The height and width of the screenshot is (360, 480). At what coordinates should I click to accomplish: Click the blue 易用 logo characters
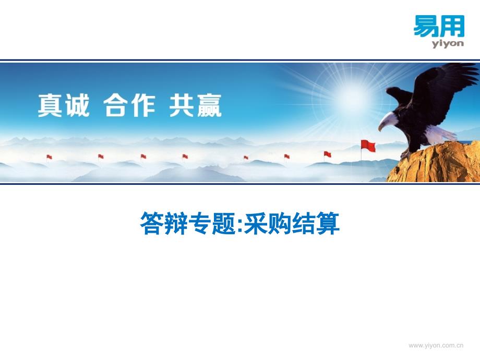tap(439, 26)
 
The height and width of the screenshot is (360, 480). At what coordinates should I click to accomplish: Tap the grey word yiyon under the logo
tap(448, 43)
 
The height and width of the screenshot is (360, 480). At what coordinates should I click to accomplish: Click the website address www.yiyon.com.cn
tap(436, 345)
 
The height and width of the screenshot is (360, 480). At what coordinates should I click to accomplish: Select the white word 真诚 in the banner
tap(64, 105)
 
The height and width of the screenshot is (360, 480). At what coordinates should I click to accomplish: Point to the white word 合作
tap(129, 105)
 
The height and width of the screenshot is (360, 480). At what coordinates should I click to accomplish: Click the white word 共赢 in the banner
tap(195, 105)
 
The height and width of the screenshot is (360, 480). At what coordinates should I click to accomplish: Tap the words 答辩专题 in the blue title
tap(188, 223)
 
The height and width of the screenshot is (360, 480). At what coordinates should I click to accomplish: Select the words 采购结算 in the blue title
tap(292, 223)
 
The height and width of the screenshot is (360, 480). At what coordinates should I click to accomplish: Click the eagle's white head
tap(388, 121)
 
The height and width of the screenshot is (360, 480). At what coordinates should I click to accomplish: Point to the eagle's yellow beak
tap(380, 127)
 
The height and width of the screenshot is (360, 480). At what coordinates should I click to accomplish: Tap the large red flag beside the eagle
tap(368, 146)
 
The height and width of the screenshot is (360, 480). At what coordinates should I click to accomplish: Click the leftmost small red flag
tap(49, 157)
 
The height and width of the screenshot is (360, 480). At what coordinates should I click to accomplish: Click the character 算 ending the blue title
tap(328, 223)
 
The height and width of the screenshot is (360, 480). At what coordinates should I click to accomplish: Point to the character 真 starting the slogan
tap(51, 105)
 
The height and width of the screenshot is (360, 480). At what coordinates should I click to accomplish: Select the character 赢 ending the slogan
tap(209, 105)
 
